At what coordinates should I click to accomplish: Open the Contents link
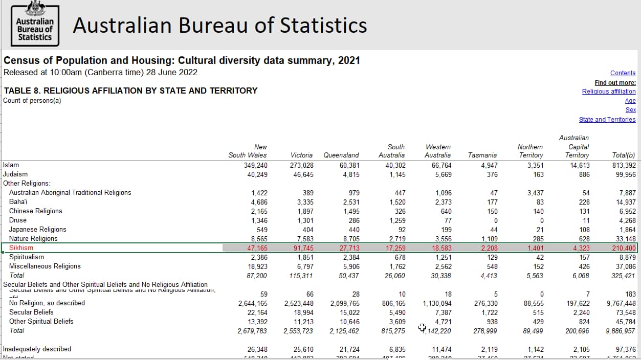[623, 73]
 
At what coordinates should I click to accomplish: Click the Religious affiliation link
[609, 92]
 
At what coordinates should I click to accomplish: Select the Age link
[630, 101]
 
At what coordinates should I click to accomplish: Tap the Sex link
[630, 110]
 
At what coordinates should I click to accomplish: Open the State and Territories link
[607, 120]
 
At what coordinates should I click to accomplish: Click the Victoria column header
[302, 155]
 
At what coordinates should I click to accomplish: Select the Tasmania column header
[482, 155]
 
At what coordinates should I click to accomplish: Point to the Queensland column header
[341, 155]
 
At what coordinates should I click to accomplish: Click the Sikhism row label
[21, 248]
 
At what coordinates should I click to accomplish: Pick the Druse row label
[18, 220]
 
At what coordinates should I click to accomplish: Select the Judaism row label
[15, 174]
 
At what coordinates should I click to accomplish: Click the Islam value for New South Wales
[256, 165]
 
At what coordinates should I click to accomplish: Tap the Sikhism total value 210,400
[624, 248]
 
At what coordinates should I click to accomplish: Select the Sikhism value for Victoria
[302, 248]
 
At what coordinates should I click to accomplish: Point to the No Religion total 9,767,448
[621, 303]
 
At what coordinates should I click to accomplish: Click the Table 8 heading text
[130, 91]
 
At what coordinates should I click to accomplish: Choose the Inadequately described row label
[37, 349]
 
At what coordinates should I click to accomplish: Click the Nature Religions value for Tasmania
[488, 239]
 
